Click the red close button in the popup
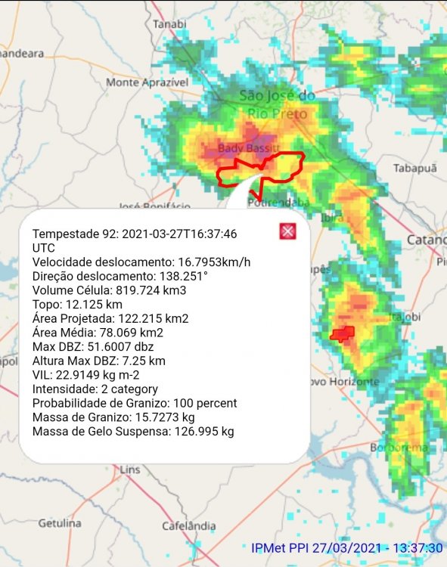tap(287, 232)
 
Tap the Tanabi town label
tap(169, 24)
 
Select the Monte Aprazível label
tap(147, 82)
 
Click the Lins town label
tap(130, 469)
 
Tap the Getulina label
tap(60, 522)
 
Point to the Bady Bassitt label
tap(249, 148)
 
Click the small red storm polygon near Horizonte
tap(343, 333)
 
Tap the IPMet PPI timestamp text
tap(347, 547)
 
